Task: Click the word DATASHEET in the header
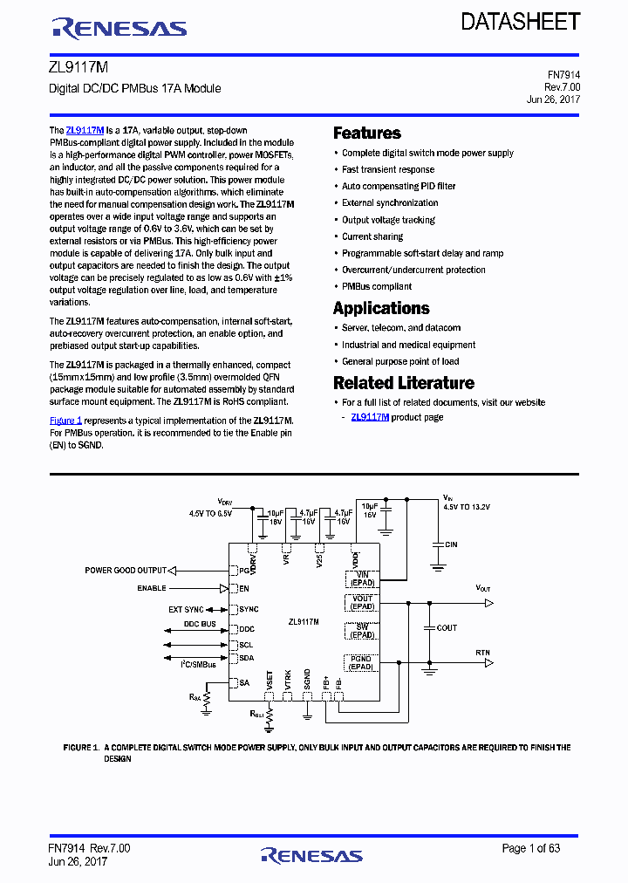pos(521,23)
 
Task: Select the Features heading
pos(367,133)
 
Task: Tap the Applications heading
pos(381,308)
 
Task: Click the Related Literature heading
pos(404,383)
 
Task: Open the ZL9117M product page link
pos(370,417)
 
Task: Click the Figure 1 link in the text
pos(65,420)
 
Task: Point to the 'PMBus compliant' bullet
pos(377,286)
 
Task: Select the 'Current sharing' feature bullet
pos(372,236)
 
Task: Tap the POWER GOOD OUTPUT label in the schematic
pos(125,571)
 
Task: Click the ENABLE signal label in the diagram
pos(151,589)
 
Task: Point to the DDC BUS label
pos(199,625)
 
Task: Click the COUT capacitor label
pos(447,628)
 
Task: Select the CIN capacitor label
pos(450,544)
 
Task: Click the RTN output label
pos(482,653)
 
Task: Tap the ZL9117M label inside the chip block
pos(304,622)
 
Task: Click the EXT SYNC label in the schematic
pos(186,609)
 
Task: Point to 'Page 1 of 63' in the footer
pos(531,848)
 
